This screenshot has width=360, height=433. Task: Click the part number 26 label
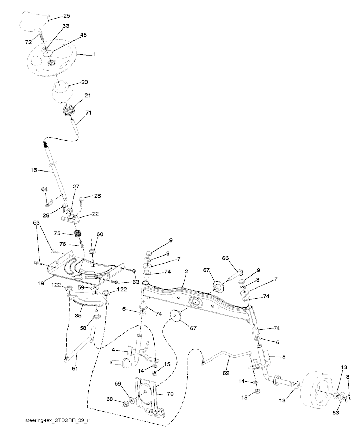click(66, 16)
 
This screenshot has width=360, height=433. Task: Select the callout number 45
click(83, 35)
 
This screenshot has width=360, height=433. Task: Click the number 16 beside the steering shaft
click(34, 170)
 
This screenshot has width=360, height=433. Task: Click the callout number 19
click(41, 283)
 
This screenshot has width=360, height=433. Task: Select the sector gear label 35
click(78, 315)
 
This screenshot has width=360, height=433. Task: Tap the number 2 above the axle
click(187, 271)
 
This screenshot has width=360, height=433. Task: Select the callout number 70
click(170, 394)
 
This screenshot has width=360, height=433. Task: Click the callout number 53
click(336, 413)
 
